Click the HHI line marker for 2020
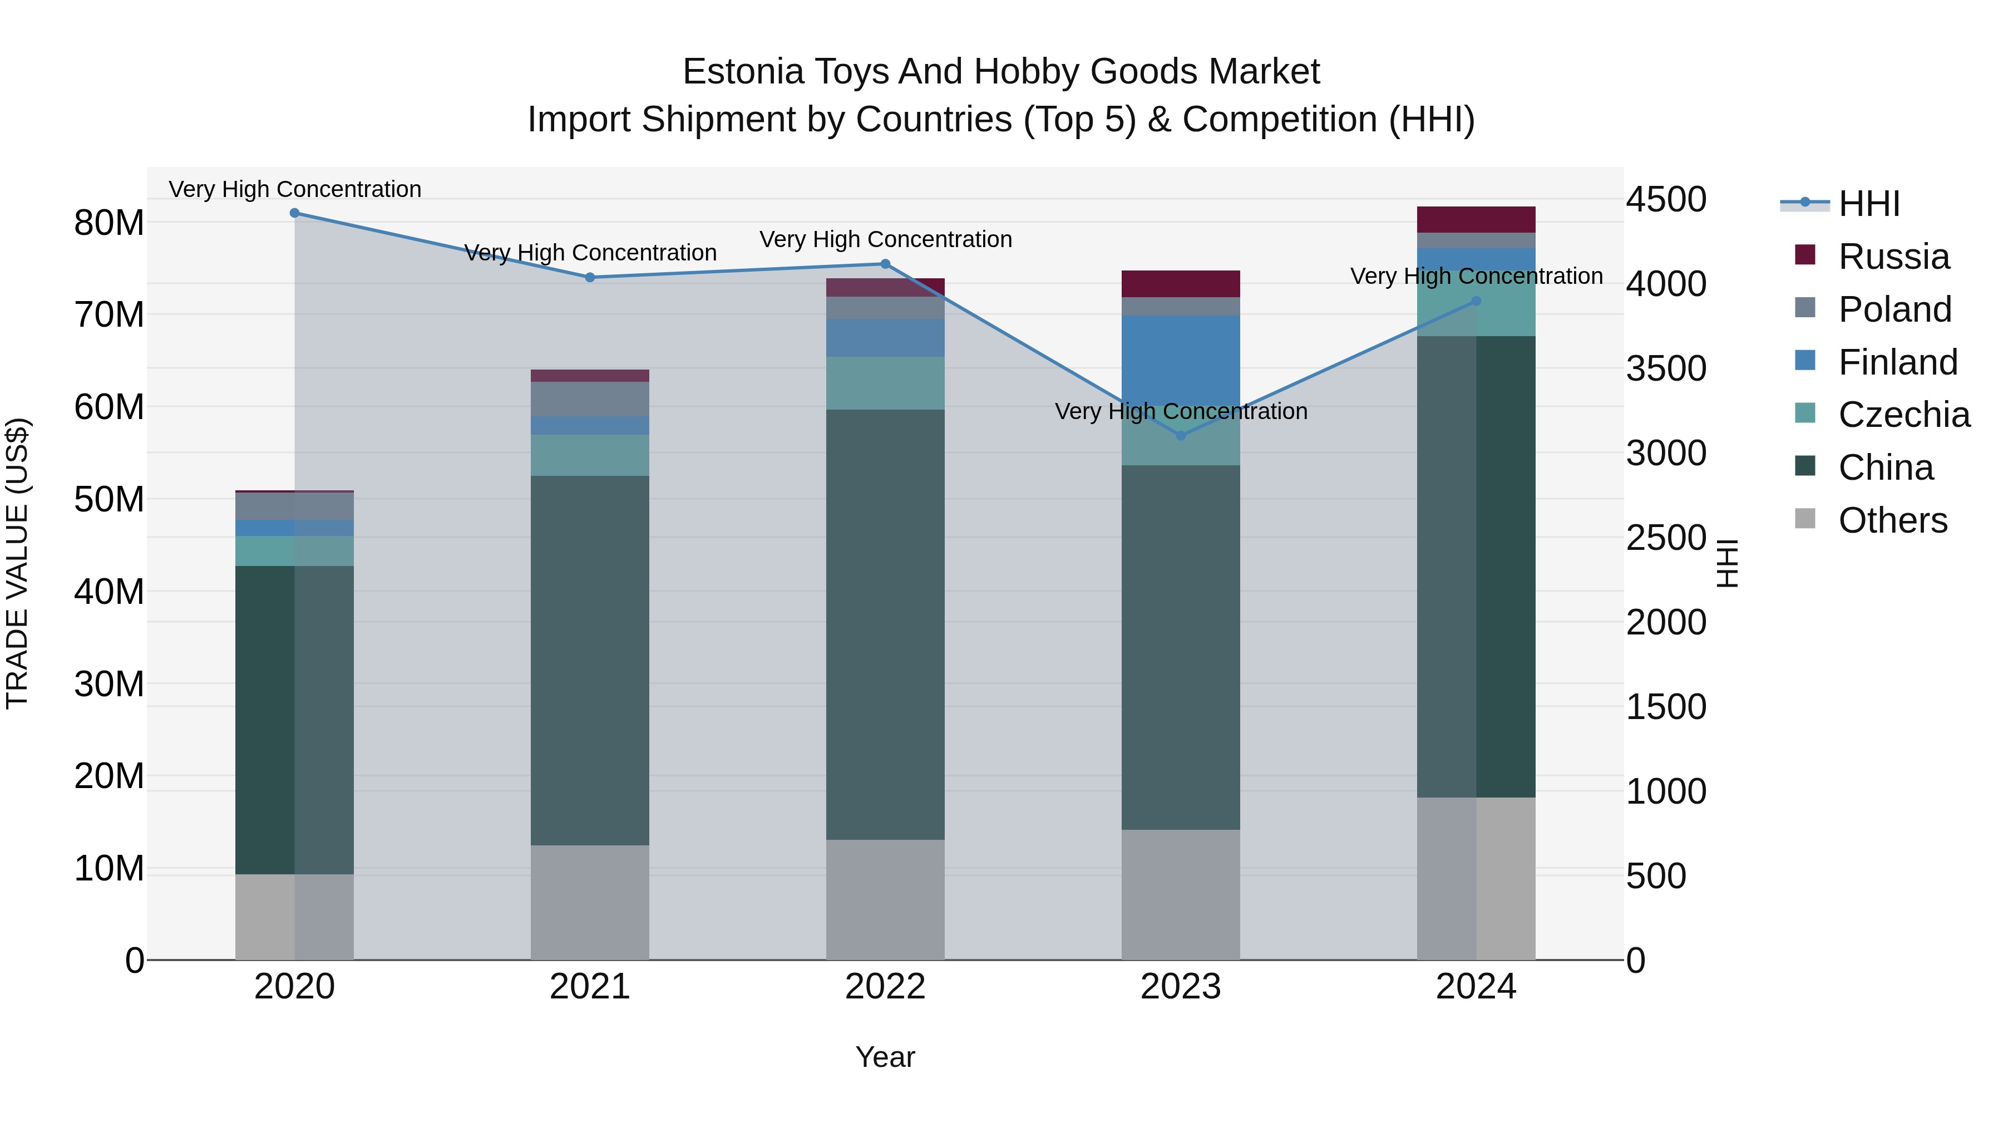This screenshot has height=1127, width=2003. click(295, 213)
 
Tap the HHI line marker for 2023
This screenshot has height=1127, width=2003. click(1180, 436)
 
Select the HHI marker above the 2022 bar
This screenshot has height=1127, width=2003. click(885, 264)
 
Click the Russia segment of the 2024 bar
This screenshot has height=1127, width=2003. click(1476, 219)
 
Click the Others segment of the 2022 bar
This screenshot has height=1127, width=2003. click(885, 899)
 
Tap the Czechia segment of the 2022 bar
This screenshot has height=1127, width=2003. click(885, 383)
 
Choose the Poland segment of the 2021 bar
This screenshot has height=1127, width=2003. click(589, 398)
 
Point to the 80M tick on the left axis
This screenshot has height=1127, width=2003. click(109, 223)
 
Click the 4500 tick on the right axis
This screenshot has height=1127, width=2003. click(1665, 200)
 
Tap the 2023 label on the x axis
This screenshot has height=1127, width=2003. click(1180, 987)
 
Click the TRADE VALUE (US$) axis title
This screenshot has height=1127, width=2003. click(17, 563)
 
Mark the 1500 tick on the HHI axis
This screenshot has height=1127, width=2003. click(1665, 707)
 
